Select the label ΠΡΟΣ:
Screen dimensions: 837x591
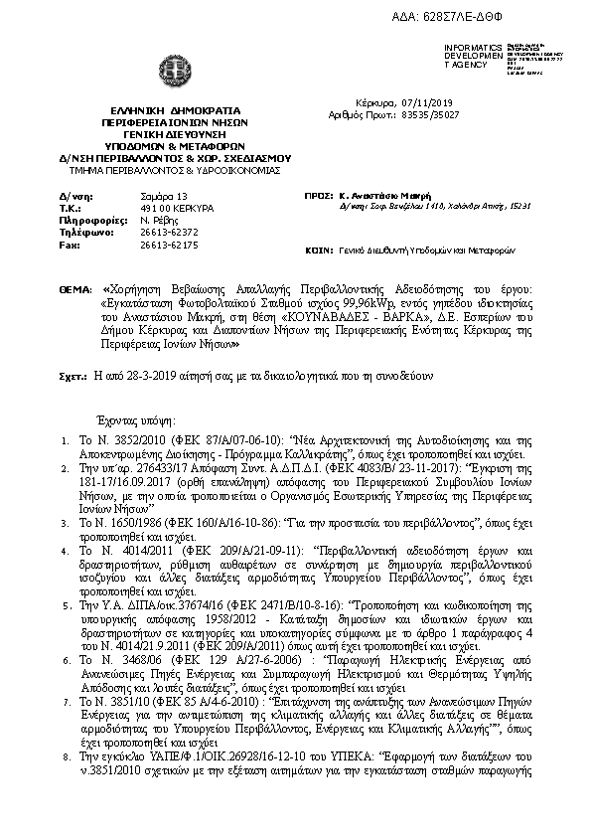(x=319, y=197)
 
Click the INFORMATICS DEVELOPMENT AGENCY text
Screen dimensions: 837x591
(x=474, y=57)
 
